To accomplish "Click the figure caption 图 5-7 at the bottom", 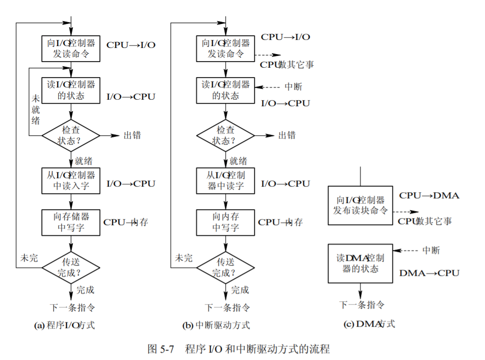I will [239, 349].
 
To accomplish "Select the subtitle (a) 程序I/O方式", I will [65, 325].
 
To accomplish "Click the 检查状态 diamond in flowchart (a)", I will [71, 135].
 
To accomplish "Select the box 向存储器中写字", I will [71, 222].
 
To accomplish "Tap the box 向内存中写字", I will [225, 222].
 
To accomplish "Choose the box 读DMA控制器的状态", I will [360, 263].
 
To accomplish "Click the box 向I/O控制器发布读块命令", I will [360, 205].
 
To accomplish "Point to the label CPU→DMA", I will [429, 196].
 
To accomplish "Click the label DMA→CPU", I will [429, 273].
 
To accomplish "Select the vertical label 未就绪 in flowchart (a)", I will [35, 109].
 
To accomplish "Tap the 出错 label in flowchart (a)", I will [132, 135].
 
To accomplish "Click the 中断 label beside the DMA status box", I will [431, 250].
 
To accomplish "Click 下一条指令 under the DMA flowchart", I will [362, 305].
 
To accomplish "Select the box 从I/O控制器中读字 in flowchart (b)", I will [225, 180].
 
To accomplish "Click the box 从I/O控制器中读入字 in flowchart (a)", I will [71, 180].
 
